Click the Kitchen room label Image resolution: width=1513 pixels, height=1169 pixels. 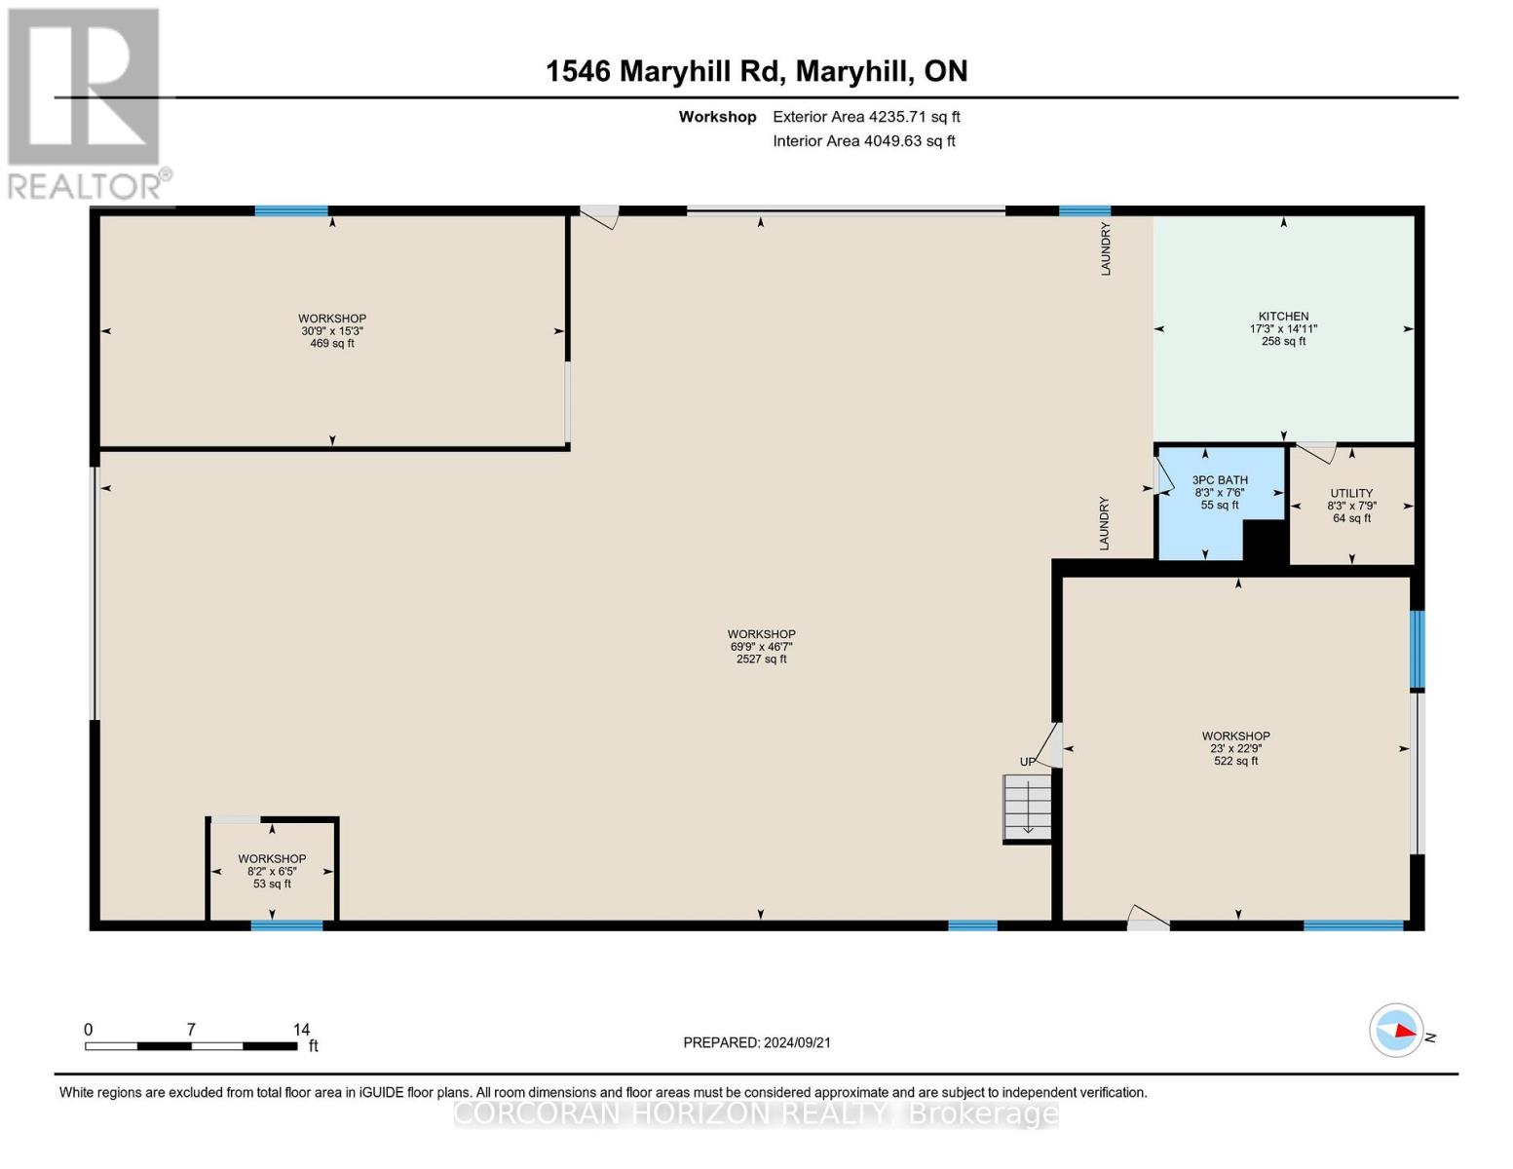[x=1283, y=317]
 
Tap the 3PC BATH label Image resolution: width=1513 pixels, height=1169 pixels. [x=1220, y=480]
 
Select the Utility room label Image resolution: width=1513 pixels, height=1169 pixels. [x=1351, y=493]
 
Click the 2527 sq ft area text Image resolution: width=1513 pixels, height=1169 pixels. [x=761, y=660]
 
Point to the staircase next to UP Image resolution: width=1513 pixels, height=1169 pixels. [x=1028, y=807]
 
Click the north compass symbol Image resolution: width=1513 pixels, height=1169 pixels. [x=1397, y=1030]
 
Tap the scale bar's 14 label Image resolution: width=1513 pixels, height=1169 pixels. [x=301, y=1029]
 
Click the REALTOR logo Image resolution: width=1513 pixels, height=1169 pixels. [x=86, y=103]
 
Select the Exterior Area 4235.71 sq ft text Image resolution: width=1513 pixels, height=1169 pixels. [x=866, y=117]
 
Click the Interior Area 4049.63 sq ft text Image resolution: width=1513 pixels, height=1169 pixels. [x=863, y=141]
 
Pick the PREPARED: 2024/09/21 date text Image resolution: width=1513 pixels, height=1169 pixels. [x=757, y=1042]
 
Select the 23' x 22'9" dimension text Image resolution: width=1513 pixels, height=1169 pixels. [x=1235, y=748]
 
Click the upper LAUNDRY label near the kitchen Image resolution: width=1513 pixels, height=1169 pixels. [x=1106, y=249]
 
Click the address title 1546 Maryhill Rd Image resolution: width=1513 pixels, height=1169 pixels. [x=756, y=71]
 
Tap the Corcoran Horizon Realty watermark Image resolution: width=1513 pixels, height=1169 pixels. [x=756, y=1113]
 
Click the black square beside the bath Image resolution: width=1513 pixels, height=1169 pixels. [x=1266, y=541]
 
